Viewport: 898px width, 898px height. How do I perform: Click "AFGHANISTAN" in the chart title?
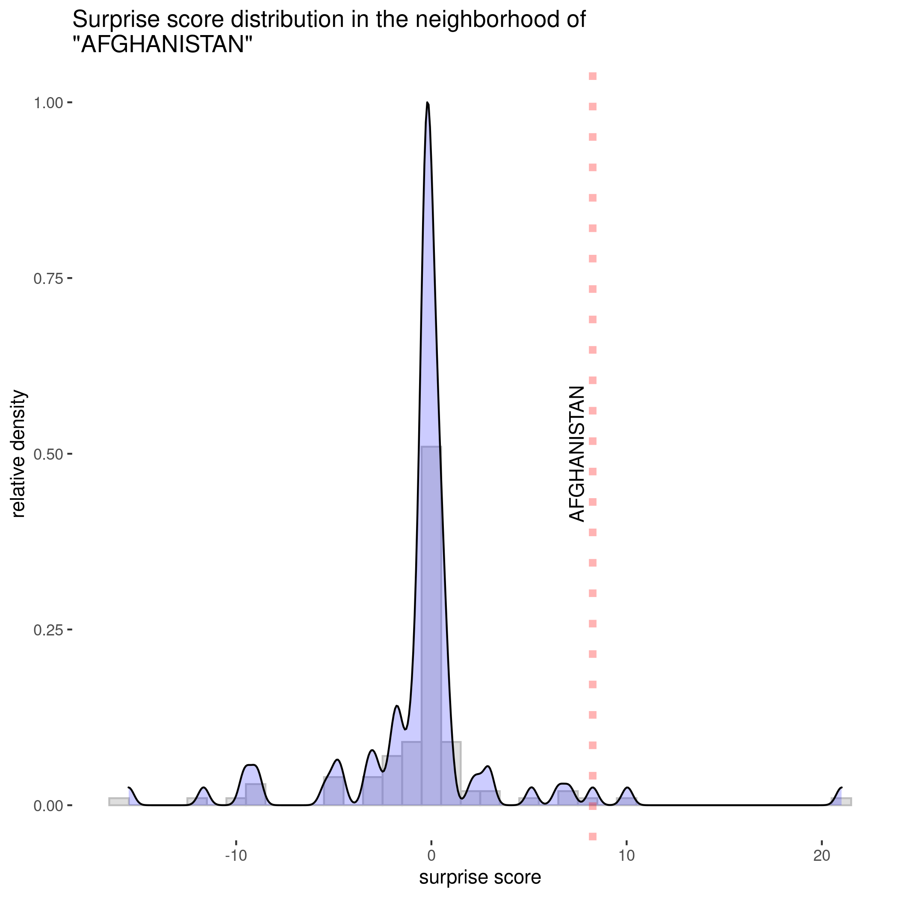click(162, 45)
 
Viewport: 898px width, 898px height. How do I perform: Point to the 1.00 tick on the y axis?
click(48, 103)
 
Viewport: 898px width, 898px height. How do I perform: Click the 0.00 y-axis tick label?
click(48, 806)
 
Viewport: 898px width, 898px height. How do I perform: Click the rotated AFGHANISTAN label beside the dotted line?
click(576, 454)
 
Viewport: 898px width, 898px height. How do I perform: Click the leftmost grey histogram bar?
click(118, 801)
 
